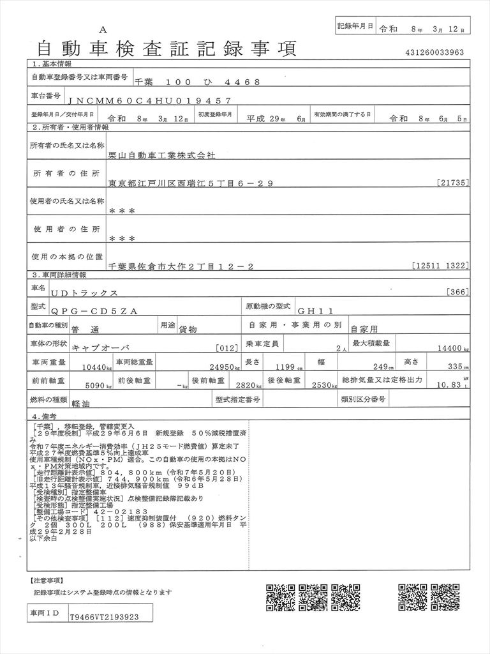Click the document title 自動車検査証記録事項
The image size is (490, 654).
(x=167, y=48)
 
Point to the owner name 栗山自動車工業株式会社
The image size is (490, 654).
(x=162, y=155)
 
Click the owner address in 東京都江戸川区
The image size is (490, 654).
(x=191, y=184)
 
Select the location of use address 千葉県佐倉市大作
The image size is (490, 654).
(x=181, y=266)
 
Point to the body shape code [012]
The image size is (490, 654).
(x=226, y=349)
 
